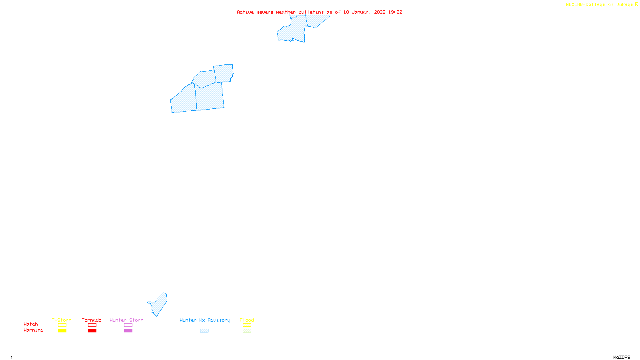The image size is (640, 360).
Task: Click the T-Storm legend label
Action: [62, 320]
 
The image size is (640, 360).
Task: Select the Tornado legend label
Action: [92, 320]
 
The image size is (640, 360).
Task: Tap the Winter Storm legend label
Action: [126, 320]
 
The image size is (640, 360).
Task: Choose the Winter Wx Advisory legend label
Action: [205, 320]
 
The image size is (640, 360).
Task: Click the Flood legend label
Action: [247, 320]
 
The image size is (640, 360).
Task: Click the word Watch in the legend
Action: [31, 324]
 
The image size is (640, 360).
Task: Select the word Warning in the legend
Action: [33, 330]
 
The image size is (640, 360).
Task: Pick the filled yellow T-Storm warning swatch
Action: [62, 331]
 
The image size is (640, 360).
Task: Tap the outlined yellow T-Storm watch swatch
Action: [62, 325]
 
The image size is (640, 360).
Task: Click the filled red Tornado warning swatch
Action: [92, 331]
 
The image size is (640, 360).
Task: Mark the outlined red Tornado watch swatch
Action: [92, 325]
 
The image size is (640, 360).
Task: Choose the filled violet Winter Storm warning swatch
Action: [128, 331]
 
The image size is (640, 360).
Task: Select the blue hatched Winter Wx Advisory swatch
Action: [204, 331]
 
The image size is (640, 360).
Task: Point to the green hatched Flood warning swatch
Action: [247, 331]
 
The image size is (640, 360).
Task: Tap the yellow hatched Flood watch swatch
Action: [247, 325]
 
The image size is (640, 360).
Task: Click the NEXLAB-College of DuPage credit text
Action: [600, 5]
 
